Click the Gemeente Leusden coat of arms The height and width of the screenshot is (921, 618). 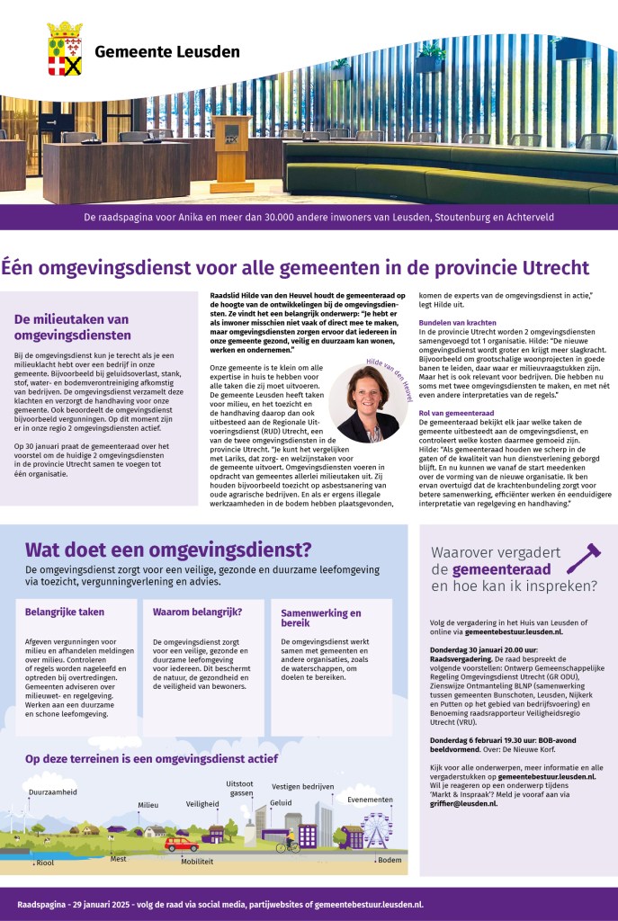[x=64, y=49]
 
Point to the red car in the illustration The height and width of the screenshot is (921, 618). [x=181, y=845]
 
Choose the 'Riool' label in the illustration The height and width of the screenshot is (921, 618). [x=45, y=863]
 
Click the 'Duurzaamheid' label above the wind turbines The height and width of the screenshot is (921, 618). [x=52, y=792]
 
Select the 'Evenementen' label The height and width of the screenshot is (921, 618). [x=370, y=800]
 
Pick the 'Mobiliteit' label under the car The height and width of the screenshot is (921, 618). [x=197, y=861]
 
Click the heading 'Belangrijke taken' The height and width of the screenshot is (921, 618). [x=65, y=613]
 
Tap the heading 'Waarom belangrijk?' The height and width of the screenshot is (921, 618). [x=192, y=613]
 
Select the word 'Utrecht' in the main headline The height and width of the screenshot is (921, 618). [x=544, y=267]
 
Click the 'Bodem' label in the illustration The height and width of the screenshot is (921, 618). [x=390, y=860]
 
